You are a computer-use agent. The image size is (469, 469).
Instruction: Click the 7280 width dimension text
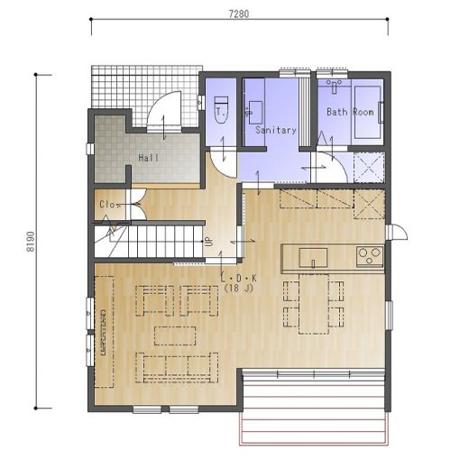pyautogui.click(x=239, y=14)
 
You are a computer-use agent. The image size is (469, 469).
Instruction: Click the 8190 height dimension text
pyautogui.click(x=31, y=242)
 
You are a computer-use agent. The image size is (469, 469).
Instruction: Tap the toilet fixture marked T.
pyautogui.click(x=222, y=110)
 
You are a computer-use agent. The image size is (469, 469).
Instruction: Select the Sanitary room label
pyautogui.click(x=276, y=130)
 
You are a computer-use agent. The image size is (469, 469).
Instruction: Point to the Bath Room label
pyautogui.click(x=350, y=112)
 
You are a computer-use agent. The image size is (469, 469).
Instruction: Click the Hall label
pyautogui.click(x=149, y=158)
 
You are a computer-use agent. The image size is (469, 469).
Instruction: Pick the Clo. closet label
pyautogui.click(x=107, y=205)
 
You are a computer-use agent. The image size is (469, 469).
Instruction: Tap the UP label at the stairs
pyautogui.click(x=207, y=242)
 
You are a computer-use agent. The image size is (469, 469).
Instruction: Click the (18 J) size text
pyautogui.click(x=239, y=289)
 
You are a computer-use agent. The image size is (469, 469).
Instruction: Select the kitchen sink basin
pyautogui.click(x=313, y=258)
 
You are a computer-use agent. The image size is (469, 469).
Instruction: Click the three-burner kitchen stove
pyautogui.click(x=370, y=256)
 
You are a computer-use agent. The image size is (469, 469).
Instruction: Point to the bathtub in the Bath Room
pyautogui.click(x=367, y=112)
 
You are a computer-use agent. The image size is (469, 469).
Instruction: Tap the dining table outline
pyautogui.click(x=314, y=304)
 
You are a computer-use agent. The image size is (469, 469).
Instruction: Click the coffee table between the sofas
pyautogui.click(x=175, y=336)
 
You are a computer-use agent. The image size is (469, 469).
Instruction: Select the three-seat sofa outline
pyautogui.click(x=177, y=367)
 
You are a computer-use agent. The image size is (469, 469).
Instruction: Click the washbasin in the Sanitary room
pyautogui.click(x=254, y=113)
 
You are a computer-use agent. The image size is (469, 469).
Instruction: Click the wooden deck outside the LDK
pyautogui.click(x=314, y=407)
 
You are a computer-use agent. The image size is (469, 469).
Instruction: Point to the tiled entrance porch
pyautogui.click(x=144, y=90)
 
